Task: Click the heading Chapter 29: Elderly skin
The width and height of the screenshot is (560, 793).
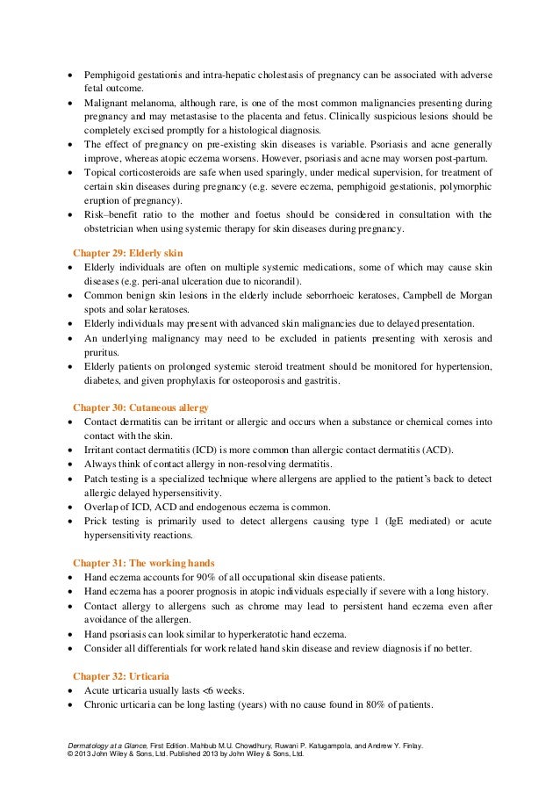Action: (x=128, y=253)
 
